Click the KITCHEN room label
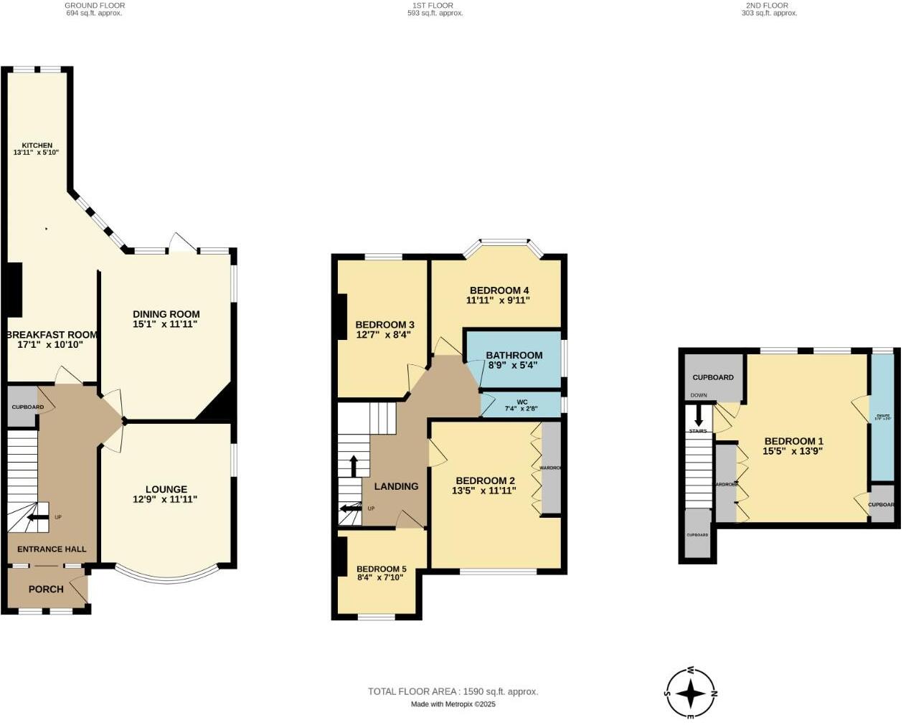click(x=37, y=146)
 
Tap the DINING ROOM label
click(x=166, y=314)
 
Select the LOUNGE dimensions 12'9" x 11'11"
click(x=166, y=500)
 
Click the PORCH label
click(x=46, y=589)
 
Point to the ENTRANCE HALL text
click(x=52, y=549)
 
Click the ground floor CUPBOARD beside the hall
click(x=22, y=407)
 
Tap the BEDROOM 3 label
click(x=384, y=325)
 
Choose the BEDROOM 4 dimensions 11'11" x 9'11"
click(x=498, y=300)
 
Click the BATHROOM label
click(x=514, y=355)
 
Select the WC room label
click(x=522, y=402)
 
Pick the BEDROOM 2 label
click(x=485, y=480)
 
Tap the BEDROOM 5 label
click(x=381, y=569)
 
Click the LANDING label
click(x=396, y=486)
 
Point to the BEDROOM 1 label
click(x=793, y=441)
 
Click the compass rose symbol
click(x=691, y=693)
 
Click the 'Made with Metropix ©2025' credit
click(x=453, y=704)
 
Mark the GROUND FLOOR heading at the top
click(x=95, y=5)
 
